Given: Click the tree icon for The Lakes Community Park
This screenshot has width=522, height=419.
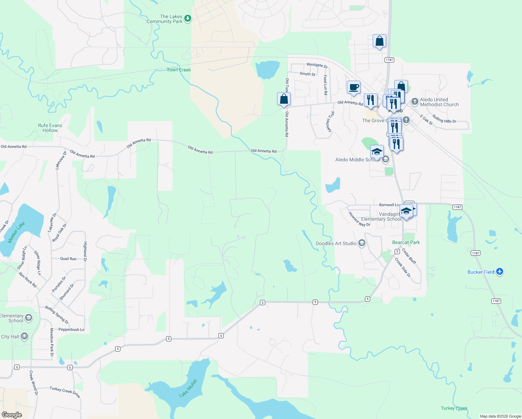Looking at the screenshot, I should point(188,19).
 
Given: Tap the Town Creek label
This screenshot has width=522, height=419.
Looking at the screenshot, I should point(179,70).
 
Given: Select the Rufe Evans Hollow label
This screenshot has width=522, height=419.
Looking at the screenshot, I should point(50,128).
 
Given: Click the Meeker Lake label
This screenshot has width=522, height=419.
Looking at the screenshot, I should point(16,232).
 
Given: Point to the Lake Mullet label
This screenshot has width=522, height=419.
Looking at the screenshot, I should point(188,388).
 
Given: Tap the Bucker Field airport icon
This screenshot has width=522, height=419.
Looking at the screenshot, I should point(500,272).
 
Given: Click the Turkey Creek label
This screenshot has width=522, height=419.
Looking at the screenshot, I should point(454,408).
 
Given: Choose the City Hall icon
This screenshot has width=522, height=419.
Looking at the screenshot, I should point(24,337).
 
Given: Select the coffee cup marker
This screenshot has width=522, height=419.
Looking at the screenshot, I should point(353,87).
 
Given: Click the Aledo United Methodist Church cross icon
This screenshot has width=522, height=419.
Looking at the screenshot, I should point(415,102).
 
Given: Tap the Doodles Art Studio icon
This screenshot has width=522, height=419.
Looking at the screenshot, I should point(362,243).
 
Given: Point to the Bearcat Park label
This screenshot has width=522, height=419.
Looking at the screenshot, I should point(406,242).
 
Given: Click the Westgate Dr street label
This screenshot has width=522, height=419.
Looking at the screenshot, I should point(317,65).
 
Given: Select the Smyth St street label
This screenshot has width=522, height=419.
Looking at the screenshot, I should point(307,74).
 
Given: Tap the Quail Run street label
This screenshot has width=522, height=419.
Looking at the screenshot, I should point(68,259).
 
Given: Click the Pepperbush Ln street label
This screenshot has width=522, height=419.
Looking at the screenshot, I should point(71,329).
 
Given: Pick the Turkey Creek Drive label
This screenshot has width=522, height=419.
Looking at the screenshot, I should point(65,392).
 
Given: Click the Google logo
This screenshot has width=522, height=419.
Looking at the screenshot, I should point(12,415).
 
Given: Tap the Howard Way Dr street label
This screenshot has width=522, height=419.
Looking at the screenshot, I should point(359,219).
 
